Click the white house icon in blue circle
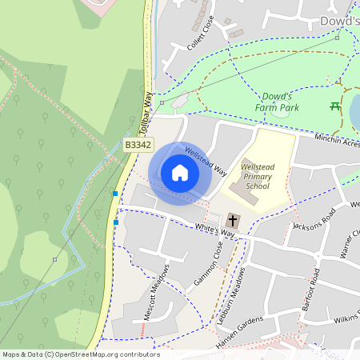coord(180,173)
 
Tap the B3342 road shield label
coord(138,145)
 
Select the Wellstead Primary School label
coord(258,176)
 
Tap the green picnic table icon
coord(335,106)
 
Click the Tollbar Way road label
coord(145,112)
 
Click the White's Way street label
coord(216,230)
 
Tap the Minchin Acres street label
coord(336,140)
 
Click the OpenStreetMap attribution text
coord(81,354)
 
